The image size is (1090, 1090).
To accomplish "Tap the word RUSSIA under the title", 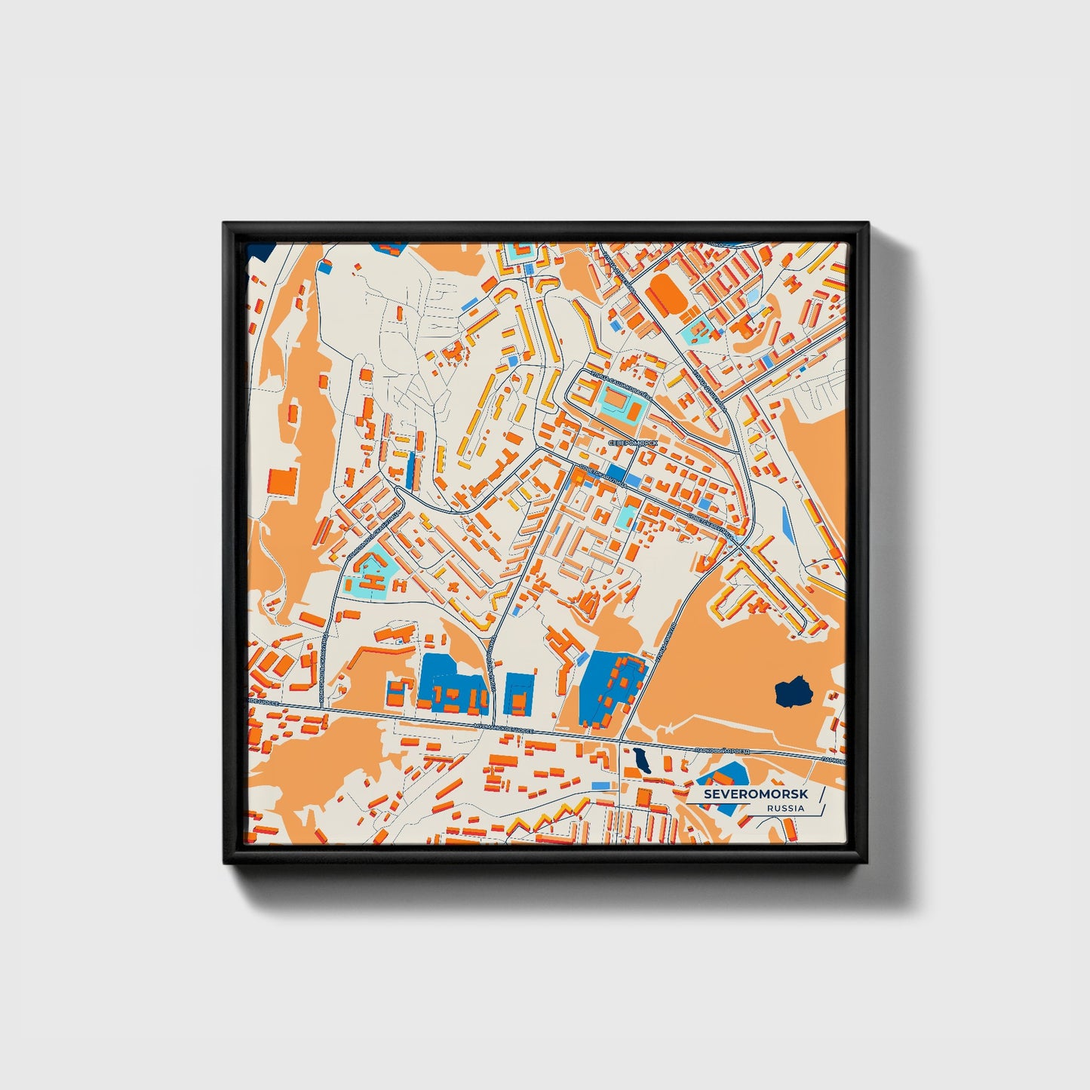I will click(785, 809).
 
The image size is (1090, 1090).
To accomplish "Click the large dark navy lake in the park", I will click(793, 691).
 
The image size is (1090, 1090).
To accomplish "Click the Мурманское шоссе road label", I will click(502, 728).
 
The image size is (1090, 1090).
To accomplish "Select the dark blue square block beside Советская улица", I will click(616, 473).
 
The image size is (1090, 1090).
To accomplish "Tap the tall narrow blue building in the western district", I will click(410, 469).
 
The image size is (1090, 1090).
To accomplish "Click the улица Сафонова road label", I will click(708, 386).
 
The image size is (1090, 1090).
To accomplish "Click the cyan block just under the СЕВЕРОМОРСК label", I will click(624, 518).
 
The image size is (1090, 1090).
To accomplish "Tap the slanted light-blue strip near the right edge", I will click(788, 524).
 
